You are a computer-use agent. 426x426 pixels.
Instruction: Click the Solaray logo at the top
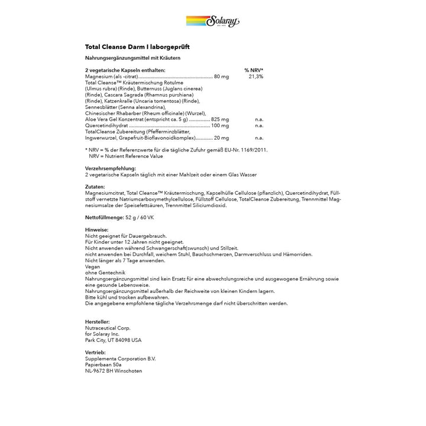[x=212, y=22]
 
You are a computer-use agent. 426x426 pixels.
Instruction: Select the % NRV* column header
[x=254, y=70]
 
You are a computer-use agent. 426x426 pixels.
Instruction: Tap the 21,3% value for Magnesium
[x=256, y=76]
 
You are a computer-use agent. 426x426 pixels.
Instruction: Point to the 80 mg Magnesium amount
[x=221, y=76]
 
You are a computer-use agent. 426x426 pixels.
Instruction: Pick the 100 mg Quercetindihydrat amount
[x=220, y=125]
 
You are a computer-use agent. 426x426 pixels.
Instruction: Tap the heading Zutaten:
[x=95, y=186]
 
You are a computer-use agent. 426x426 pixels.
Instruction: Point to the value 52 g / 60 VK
[x=140, y=218]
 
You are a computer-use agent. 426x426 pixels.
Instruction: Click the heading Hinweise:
[x=96, y=230]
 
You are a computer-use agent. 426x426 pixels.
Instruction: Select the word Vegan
[x=92, y=267]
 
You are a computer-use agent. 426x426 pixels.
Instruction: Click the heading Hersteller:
[x=99, y=322]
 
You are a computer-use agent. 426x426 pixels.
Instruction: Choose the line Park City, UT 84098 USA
[x=114, y=340]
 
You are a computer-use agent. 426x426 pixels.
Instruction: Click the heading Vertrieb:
[x=96, y=353]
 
